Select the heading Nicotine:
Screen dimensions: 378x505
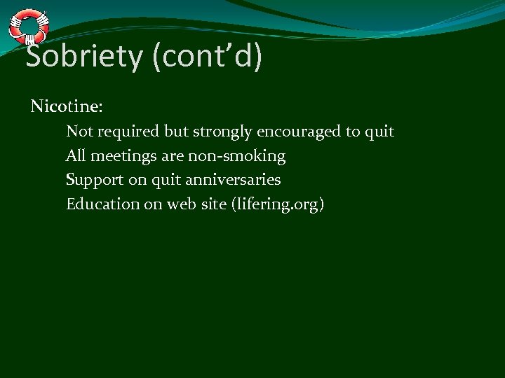67,107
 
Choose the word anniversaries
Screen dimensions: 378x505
234,180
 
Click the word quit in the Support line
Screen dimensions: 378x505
168,180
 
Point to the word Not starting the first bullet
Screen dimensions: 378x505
78,132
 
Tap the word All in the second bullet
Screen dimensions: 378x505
75,156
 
